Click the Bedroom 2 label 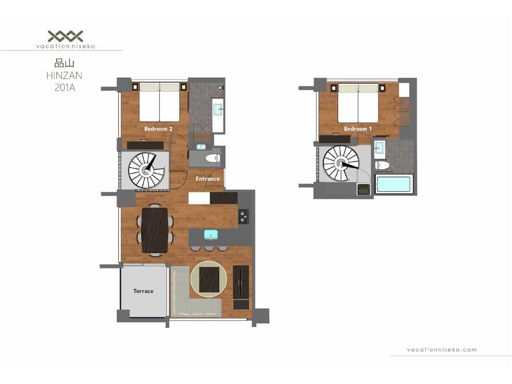pos(158,129)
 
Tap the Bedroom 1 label pos(357,129)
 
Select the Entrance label pos(207,179)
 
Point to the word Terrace pos(143,291)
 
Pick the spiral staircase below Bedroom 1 pos(340,164)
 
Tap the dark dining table pos(154,230)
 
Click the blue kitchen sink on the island pos(210,234)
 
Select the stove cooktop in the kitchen pos(243,217)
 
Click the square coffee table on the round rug pos(209,279)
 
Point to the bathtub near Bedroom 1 pos(393,184)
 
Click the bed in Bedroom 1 pos(357,103)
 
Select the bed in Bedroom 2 pos(159,102)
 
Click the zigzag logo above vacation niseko pos(65,36)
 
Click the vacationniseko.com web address pos(441,350)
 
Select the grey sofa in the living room pos(196,306)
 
